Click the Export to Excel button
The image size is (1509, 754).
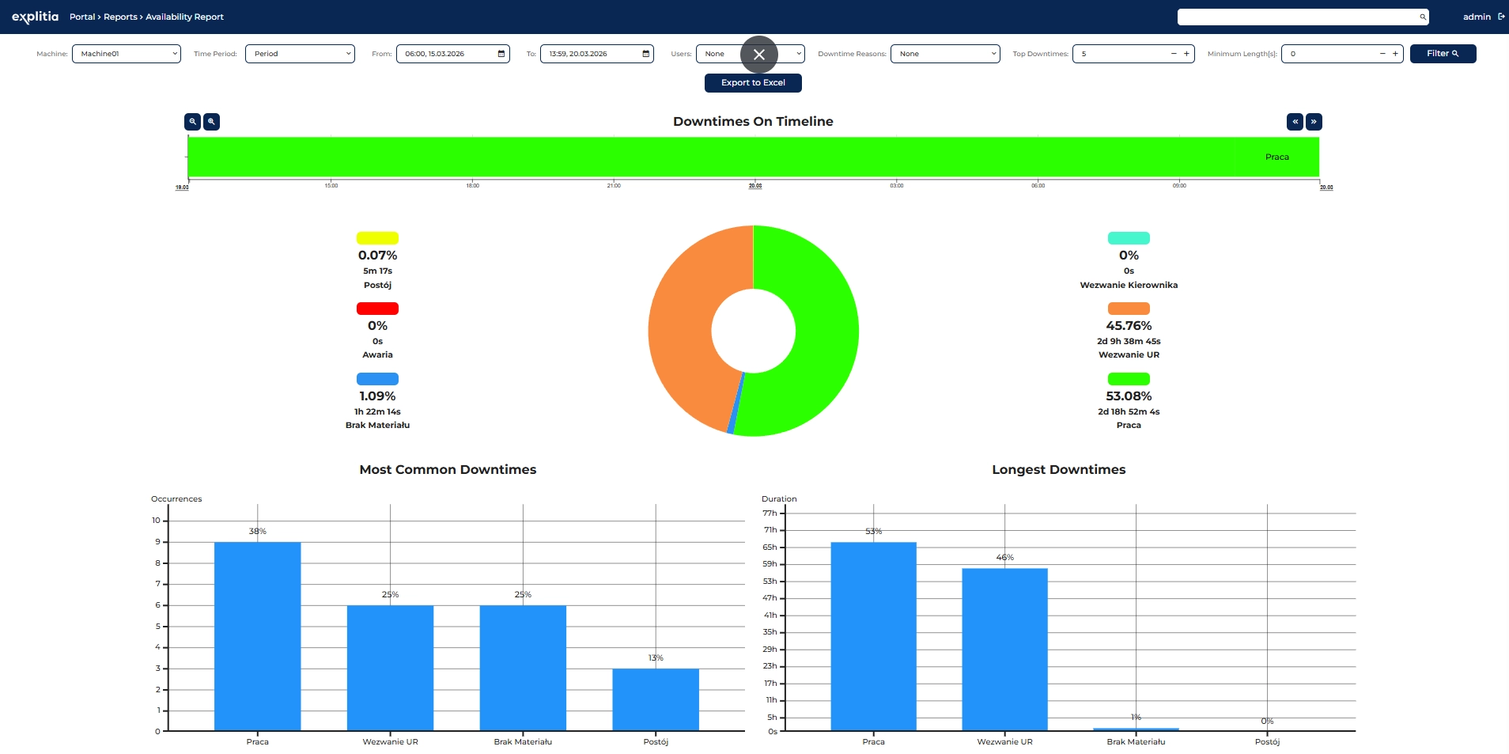tap(753, 83)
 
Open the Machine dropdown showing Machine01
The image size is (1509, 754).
tap(126, 54)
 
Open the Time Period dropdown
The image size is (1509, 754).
tap(300, 54)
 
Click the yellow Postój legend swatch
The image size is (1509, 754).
tap(377, 238)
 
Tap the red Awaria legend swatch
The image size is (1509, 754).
tap(377, 309)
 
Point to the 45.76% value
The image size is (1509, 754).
tap(1129, 326)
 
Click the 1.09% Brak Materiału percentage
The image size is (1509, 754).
tap(377, 396)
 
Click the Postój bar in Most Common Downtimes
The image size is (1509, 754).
tap(656, 699)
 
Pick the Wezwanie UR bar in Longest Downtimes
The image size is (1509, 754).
tap(1004, 649)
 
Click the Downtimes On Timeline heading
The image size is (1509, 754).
tap(753, 122)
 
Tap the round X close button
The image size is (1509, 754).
tap(759, 55)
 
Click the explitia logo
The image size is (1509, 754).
tap(35, 17)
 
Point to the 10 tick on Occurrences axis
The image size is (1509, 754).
tap(157, 521)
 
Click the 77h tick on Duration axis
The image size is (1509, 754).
tap(770, 513)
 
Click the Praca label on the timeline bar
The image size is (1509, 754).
tap(1276, 157)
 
